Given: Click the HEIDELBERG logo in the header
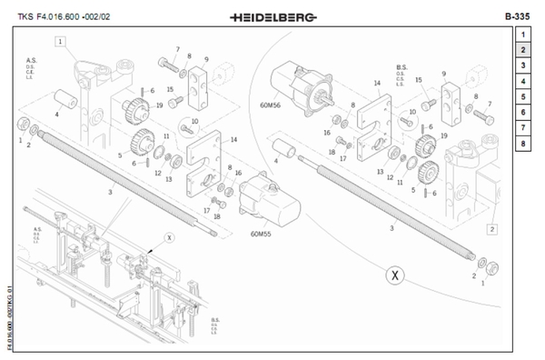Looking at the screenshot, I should tap(272, 17).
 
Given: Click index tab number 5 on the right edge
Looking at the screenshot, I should tap(524, 96).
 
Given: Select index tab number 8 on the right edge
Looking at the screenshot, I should tap(524, 143).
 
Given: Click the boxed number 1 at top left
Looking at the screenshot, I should tap(60, 41).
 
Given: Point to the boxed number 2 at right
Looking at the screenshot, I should tap(491, 229).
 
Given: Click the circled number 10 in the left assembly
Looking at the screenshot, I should tap(193, 122).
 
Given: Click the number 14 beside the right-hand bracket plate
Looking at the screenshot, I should tap(375, 82).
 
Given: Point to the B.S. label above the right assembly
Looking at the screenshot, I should tap(401, 66).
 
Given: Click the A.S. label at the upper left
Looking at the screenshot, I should tap(30, 59).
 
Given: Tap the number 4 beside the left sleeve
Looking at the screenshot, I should tap(56, 115).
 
